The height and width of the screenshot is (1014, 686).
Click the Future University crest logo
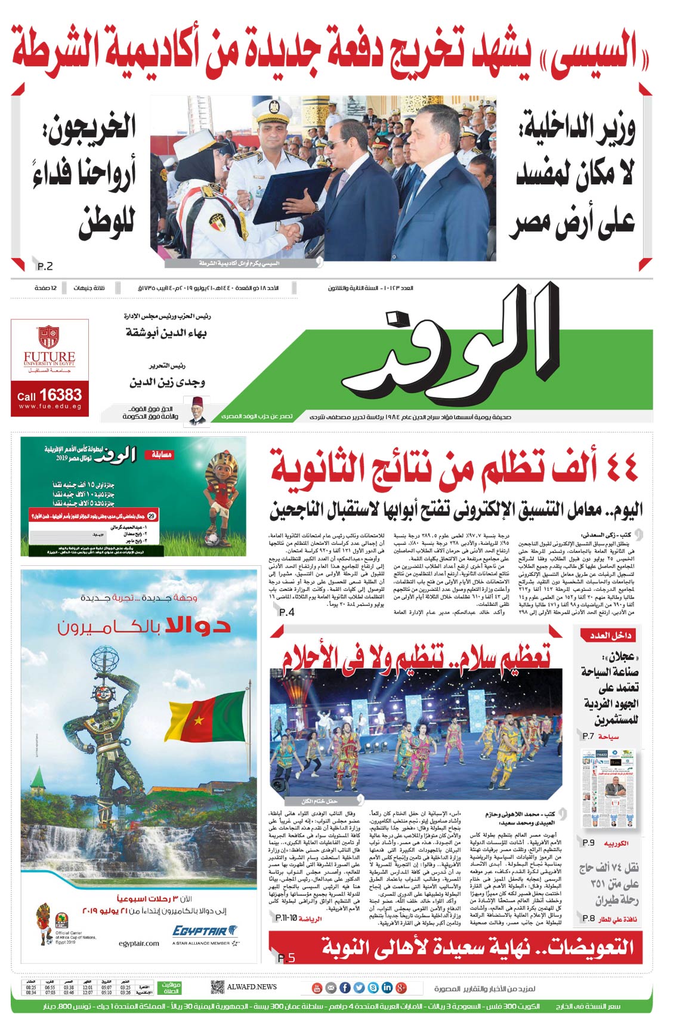click(49, 337)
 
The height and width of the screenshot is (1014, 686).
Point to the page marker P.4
click(286, 612)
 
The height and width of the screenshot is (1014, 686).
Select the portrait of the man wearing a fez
click(196, 411)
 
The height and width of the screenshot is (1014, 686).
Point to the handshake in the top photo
click(291, 233)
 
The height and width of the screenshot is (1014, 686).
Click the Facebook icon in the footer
click(345, 988)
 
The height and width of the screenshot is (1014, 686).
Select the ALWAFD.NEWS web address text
click(252, 987)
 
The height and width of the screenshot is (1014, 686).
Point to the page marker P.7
click(588, 736)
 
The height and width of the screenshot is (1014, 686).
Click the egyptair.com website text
click(138, 944)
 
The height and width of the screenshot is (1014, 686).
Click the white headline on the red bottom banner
click(477, 947)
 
